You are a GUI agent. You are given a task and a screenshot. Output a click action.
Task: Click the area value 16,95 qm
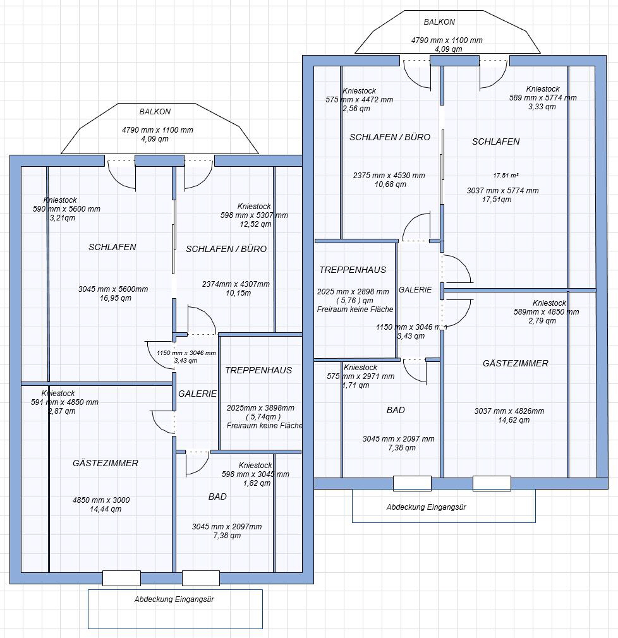115,298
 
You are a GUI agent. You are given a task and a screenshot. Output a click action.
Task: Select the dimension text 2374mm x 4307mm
236,284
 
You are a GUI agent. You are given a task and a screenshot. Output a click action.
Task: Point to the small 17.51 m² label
506,176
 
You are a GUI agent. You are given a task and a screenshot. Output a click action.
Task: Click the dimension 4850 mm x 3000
101,500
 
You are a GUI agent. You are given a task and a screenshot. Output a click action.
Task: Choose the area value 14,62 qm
514,420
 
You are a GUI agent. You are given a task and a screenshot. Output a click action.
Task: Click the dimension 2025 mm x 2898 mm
353,292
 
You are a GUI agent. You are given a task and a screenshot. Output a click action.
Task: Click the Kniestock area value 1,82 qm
257,483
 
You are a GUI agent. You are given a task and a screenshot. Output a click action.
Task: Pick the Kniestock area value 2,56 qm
356,109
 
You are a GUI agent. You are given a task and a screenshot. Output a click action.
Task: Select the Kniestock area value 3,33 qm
542,107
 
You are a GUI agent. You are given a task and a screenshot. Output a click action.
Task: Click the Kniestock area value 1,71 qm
356,385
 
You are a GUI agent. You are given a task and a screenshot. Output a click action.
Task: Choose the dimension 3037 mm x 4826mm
509,411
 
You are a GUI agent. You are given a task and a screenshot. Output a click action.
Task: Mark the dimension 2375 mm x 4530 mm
389,176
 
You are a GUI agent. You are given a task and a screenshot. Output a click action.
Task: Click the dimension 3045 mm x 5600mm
113,289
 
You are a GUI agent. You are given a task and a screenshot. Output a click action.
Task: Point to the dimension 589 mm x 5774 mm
543,98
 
